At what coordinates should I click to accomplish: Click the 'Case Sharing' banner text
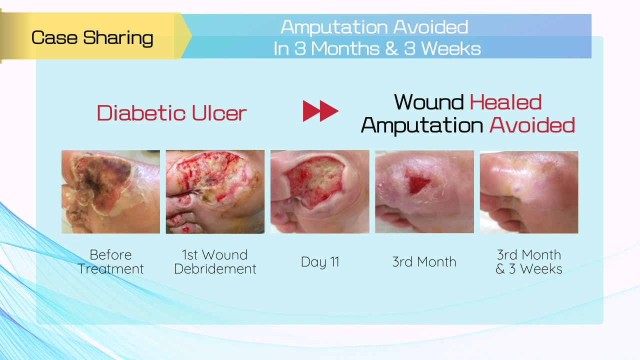[x=92, y=38]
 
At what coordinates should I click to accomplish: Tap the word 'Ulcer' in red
[x=219, y=113]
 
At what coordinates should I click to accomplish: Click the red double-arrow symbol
[x=320, y=111]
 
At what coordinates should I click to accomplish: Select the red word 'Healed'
[x=505, y=102]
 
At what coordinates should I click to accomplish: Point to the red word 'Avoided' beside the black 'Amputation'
[x=532, y=125]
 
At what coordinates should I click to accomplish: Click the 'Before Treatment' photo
[x=110, y=191]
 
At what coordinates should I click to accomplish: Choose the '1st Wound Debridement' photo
[x=215, y=191]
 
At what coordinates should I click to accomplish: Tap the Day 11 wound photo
[x=319, y=191]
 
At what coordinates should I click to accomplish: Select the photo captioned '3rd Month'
[x=424, y=191]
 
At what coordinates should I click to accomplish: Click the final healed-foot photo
[x=529, y=192]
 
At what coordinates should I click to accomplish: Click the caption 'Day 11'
[x=320, y=262]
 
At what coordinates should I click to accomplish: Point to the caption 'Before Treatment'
[x=110, y=261]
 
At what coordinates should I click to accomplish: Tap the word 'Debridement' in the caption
[x=215, y=269]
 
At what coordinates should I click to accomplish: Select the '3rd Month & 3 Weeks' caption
[x=529, y=261]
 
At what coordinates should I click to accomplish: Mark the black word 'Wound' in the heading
[x=429, y=102]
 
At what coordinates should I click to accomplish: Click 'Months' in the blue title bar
[x=345, y=48]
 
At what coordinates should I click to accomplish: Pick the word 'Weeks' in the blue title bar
[x=451, y=48]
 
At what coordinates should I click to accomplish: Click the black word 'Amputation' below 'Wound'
[x=422, y=125]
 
